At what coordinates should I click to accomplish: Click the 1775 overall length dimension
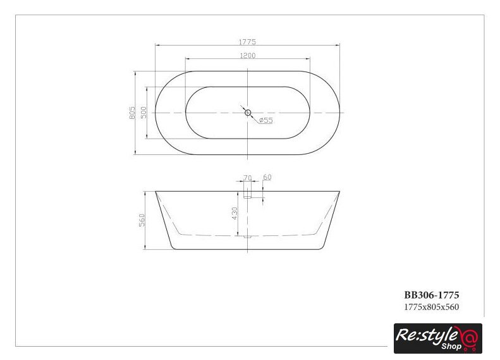247,42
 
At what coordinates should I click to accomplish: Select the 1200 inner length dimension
248,56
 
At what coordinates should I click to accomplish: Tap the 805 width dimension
132,113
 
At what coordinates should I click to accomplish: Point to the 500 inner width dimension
144,113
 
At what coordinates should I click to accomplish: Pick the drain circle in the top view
248,113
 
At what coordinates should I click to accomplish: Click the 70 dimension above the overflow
247,178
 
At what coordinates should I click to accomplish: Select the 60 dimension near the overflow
267,177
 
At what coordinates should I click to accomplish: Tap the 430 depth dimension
235,213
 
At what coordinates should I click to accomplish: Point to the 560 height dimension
142,220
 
